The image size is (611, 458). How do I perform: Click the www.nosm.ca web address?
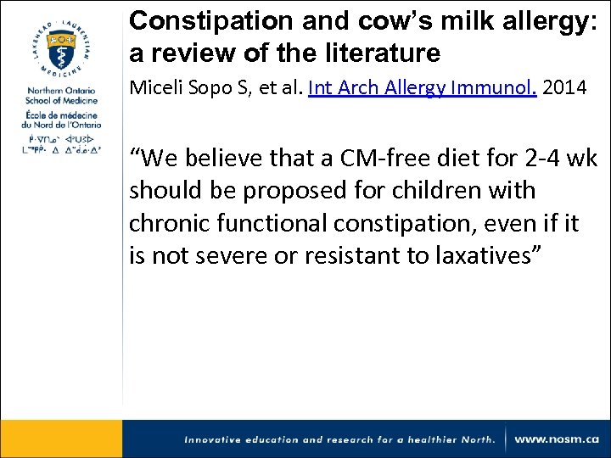[557, 439]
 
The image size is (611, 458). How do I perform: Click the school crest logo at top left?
[61, 45]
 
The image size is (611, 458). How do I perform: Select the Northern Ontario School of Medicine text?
[61, 94]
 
